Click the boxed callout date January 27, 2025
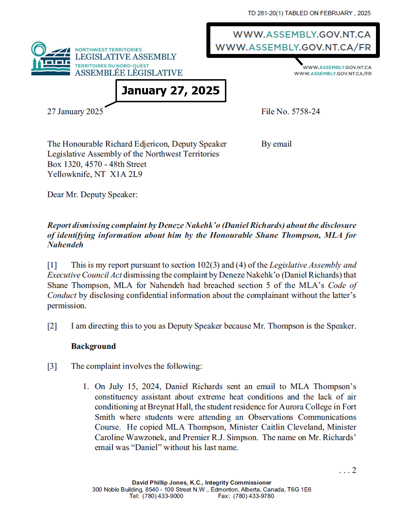[171, 91]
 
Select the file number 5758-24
[306, 111]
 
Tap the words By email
[276, 144]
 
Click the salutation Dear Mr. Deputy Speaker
[92, 195]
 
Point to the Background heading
[93, 346]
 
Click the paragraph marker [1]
[52, 265]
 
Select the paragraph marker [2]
[52, 326]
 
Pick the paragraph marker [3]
[52, 366]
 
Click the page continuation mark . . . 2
[348, 470]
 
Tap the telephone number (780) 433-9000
[163, 496]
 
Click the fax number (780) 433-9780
[253, 496]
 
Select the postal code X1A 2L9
[126, 174]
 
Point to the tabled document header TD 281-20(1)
[265, 13]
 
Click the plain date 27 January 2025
[75, 111]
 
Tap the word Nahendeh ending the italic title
[65, 245]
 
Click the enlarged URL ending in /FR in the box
[293, 47]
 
